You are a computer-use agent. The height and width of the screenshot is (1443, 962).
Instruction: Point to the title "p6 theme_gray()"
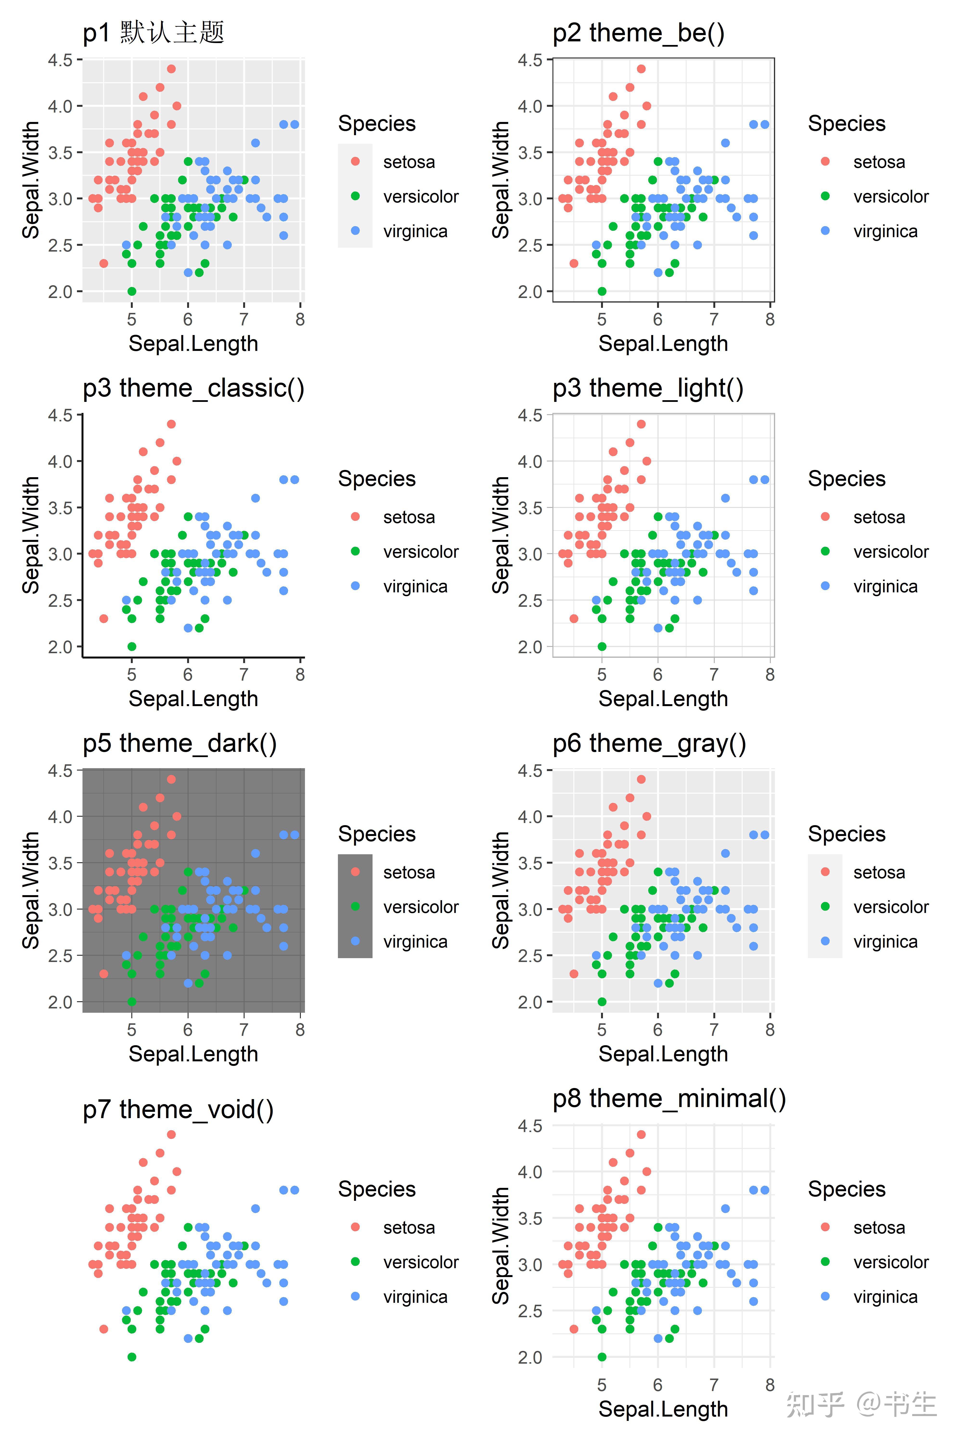(x=649, y=744)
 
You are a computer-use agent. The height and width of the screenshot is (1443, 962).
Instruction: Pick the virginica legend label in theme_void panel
(x=415, y=1297)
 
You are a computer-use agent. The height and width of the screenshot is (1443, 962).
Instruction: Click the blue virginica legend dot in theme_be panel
(x=825, y=231)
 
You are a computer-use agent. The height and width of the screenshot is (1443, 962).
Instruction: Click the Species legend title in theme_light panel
(x=847, y=479)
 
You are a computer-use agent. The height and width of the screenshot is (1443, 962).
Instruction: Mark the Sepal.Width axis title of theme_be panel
(x=501, y=180)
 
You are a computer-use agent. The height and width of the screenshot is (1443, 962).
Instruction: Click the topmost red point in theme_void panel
(x=171, y=1134)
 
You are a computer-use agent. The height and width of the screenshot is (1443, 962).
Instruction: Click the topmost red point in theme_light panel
(x=641, y=424)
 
